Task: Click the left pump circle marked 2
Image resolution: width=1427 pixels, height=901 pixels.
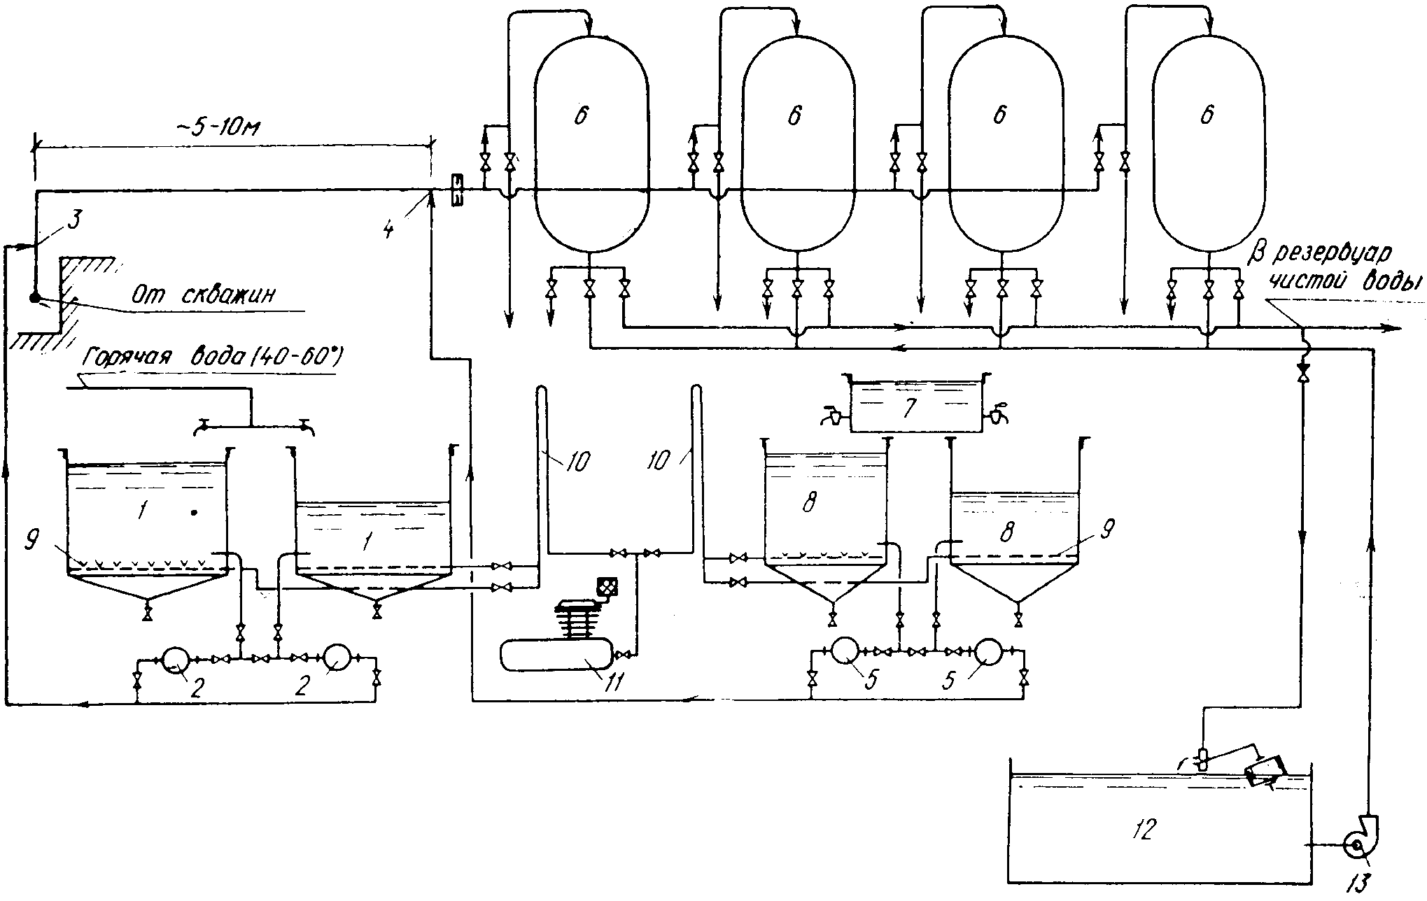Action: pyautogui.click(x=172, y=659)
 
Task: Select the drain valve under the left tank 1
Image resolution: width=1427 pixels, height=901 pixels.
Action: pyautogui.click(x=147, y=613)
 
